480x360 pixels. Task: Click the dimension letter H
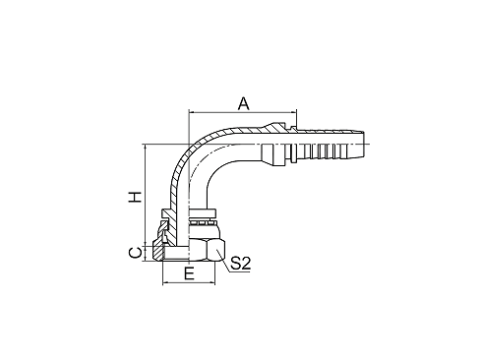pos(137,196)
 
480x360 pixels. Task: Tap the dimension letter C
pos(137,253)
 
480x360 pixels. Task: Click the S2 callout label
pos(242,264)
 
